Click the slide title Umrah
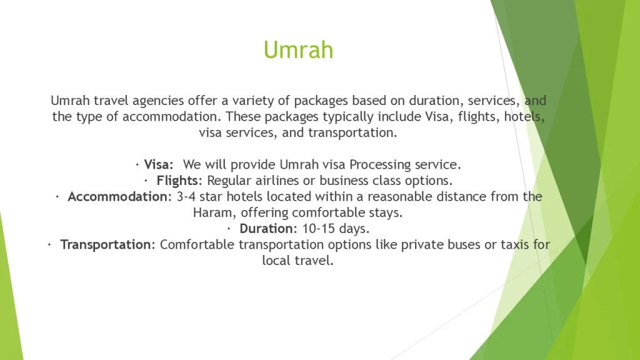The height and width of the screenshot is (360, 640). point(298,50)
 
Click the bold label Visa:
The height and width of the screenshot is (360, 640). point(159,164)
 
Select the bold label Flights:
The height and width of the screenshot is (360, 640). point(179,181)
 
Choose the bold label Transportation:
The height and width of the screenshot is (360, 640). point(107,245)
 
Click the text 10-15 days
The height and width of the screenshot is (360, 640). point(336,229)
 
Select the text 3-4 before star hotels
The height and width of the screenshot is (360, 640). point(186,197)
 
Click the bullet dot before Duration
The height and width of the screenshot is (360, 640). point(229,229)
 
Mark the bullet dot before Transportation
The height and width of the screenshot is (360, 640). point(49,245)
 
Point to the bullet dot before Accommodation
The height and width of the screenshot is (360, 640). point(57,197)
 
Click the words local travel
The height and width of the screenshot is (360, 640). point(298,261)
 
